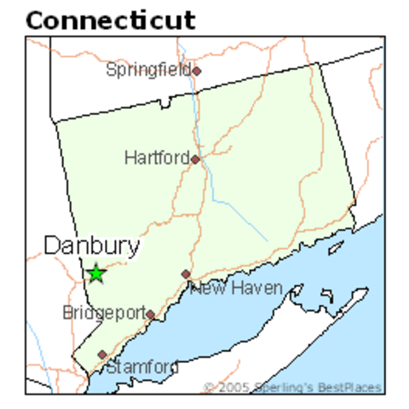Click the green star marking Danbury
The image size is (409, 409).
[96, 274]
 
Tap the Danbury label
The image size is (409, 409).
[92, 246]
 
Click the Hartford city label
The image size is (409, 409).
[156, 158]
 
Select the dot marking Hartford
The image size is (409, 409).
[195, 159]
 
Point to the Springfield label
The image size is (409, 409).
[148, 70]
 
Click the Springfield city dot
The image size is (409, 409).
[196, 72]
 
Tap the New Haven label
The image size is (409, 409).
[236, 289]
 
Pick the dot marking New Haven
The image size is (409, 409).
[186, 274]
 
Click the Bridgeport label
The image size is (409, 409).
[104, 314]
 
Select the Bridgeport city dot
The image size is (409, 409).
[150, 314]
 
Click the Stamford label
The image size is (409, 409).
[141, 367]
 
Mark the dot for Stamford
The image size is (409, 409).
[102, 354]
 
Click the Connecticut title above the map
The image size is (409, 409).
[111, 20]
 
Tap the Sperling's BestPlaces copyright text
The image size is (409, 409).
[292, 388]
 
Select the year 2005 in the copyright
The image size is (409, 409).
[231, 388]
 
